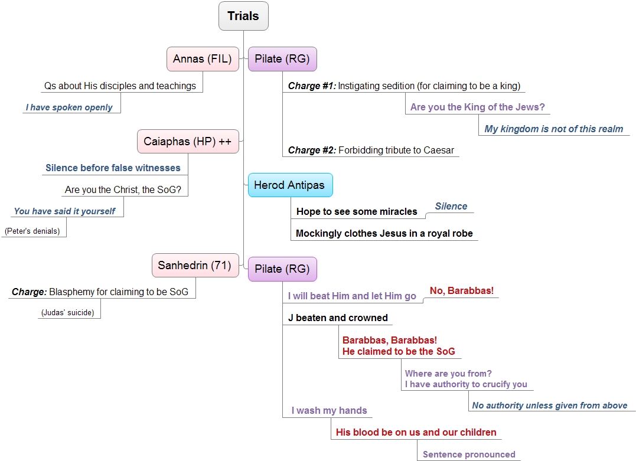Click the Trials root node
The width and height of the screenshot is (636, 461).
tap(243, 16)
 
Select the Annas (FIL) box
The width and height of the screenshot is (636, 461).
tap(203, 59)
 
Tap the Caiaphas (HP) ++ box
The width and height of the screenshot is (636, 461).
tap(188, 142)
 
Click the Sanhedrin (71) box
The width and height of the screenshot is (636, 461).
tap(195, 266)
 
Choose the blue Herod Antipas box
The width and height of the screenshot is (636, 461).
tap(291, 185)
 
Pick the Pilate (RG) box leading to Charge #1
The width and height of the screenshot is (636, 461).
tap(282, 59)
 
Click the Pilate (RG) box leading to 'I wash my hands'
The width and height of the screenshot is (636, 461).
tap(282, 269)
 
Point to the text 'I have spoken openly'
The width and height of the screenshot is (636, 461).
tap(69, 107)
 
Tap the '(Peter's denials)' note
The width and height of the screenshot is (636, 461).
tap(32, 231)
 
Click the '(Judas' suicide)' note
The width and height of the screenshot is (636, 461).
tap(68, 313)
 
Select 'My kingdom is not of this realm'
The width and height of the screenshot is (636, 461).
tap(554, 129)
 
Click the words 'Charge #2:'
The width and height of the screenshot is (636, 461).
tap(312, 151)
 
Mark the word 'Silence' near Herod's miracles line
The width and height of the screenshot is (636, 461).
tap(451, 207)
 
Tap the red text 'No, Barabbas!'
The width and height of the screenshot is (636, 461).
tap(462, 291)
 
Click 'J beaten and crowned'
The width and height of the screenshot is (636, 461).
tap(338, 318)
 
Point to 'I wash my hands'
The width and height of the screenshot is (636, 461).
tap(330, 410)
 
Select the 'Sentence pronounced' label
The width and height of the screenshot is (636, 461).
tap(469, 455)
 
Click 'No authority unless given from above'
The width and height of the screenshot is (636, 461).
tap(550, 406)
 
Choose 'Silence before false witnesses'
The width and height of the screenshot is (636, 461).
tap(113, 168)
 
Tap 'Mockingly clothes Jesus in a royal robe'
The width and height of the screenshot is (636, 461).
tap(384, 234)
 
